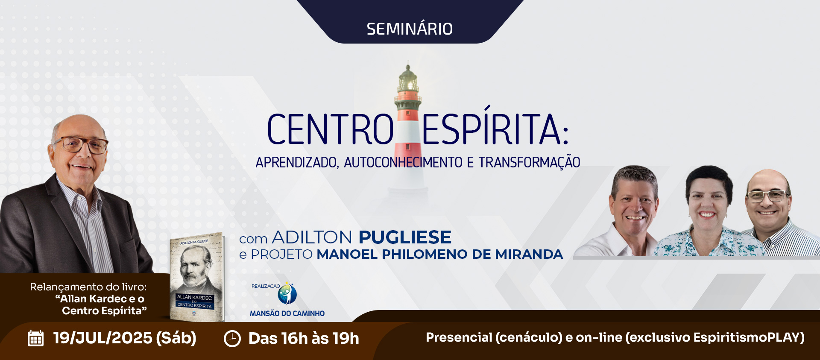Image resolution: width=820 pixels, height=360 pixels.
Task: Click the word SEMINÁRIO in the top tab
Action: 410,29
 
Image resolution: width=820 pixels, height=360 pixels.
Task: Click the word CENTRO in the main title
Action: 330,129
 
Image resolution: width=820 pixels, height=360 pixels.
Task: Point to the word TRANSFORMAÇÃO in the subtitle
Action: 529,162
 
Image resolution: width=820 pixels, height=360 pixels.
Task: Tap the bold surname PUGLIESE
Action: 405,237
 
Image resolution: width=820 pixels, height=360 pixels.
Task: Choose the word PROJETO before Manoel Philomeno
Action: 282,255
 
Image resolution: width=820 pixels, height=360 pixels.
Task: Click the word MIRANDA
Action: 529,255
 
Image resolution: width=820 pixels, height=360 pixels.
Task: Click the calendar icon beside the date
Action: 35,338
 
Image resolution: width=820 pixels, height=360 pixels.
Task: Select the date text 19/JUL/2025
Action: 102,338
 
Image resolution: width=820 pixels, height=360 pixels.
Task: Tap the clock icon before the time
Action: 232,339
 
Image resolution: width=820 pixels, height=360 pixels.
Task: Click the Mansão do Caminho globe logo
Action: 287,293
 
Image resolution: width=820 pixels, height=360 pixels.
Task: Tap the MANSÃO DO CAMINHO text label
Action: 287,313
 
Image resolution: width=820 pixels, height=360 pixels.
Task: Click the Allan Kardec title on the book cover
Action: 194,298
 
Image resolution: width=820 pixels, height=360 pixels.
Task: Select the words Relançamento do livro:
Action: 88,287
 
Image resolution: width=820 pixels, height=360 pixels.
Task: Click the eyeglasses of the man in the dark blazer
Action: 81,144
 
